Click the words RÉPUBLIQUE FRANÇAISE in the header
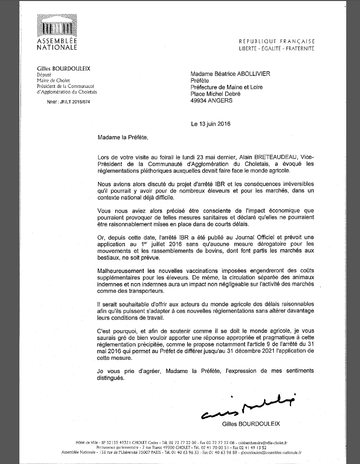(x=277, y=41)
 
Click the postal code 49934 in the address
(x=201, y=101)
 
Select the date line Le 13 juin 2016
(x=211, y=124)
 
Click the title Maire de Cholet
(x=54, y=80)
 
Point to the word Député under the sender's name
(x=45, y=74)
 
